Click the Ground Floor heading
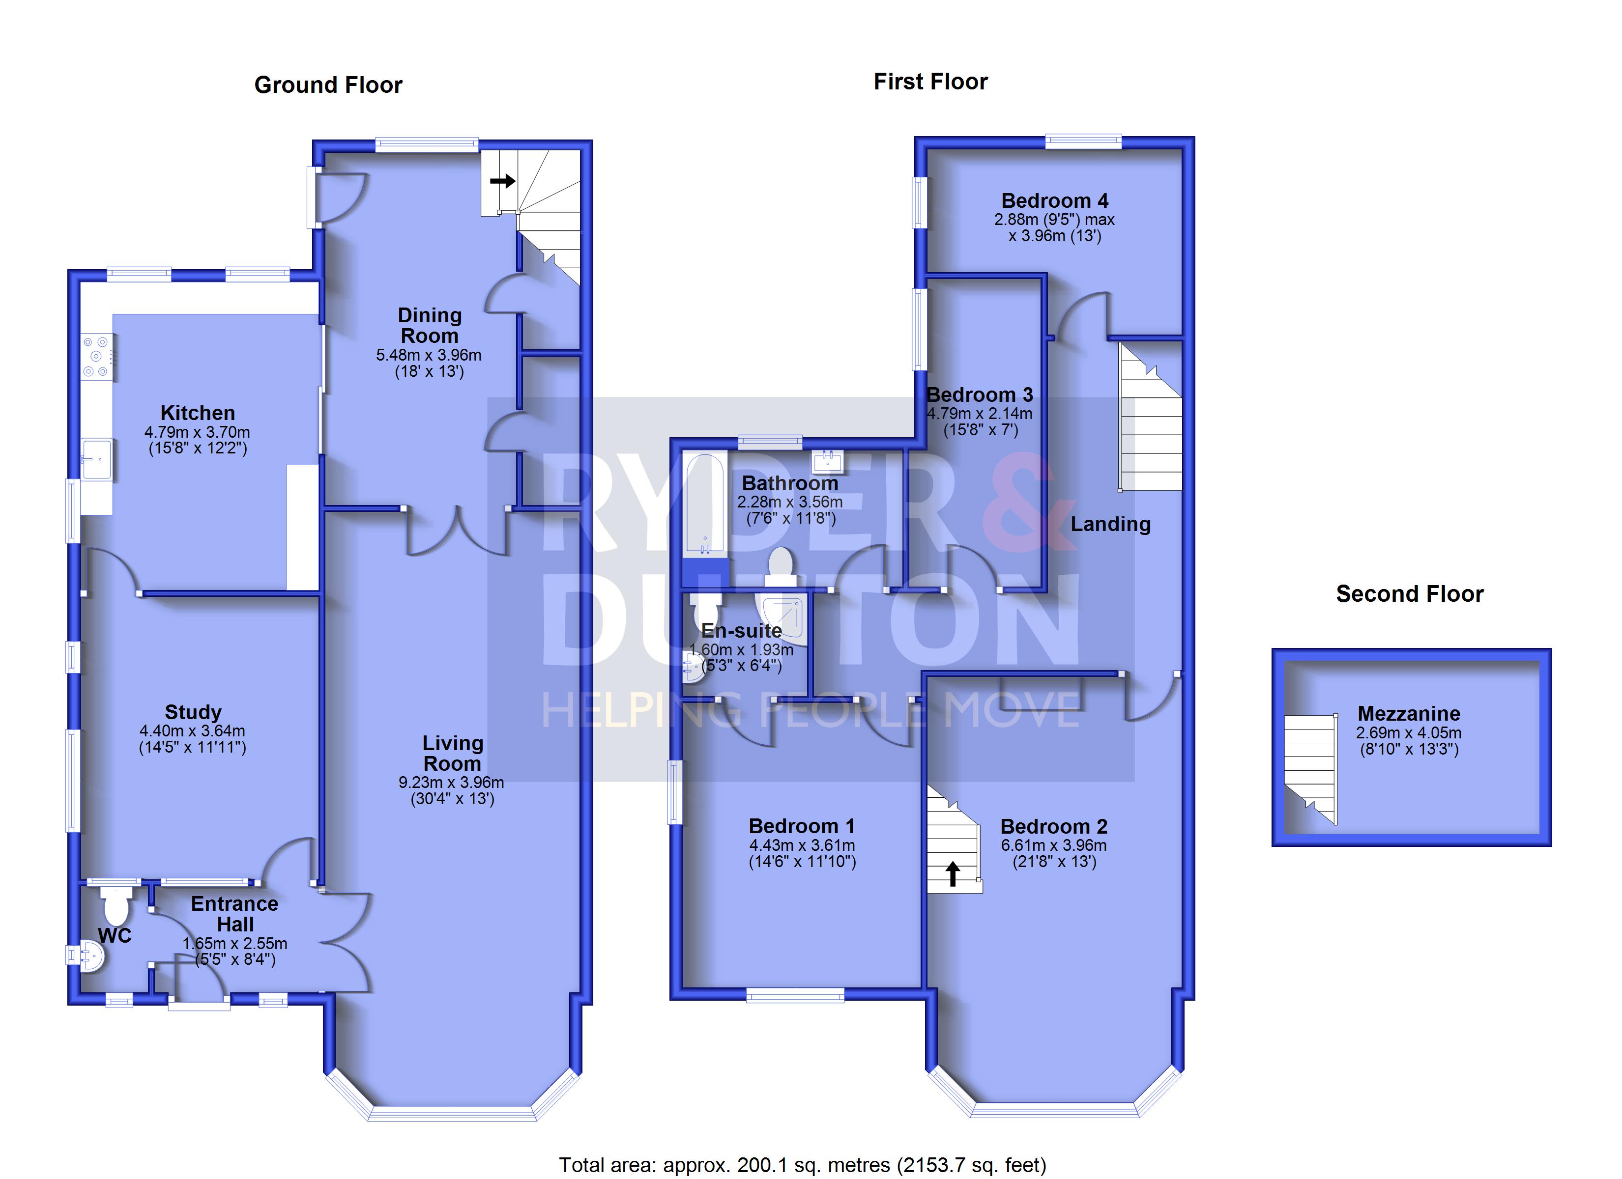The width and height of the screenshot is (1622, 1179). (328, 85)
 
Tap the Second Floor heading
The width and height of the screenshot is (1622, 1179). (1410, 593)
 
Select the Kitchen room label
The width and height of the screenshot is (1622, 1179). (198, 413)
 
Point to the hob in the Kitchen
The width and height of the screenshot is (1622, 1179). (96, 357)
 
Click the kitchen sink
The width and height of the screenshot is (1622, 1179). (96, 458)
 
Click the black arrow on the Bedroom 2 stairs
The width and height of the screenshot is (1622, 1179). (953, 873)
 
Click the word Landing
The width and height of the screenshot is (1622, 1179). (1111, 524)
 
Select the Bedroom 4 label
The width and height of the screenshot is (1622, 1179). (1054, 200)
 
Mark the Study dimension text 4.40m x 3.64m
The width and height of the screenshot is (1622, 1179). (192, 730)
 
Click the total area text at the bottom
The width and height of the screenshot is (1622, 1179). (803, 1165)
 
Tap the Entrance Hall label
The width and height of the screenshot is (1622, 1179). (234, 914)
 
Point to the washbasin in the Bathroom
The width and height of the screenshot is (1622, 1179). (828, 461)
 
